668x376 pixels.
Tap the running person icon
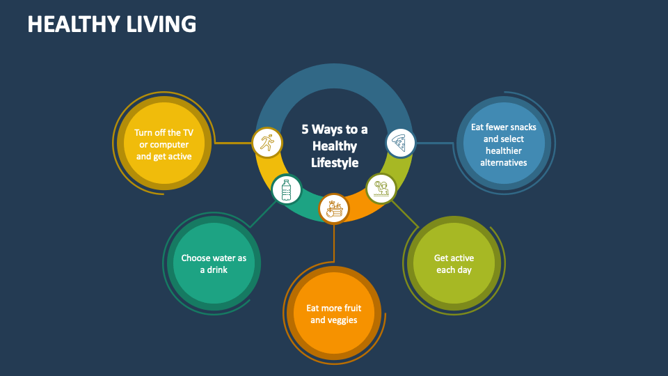click(x=267, y=143)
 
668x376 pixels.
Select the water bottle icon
click(x=286, y=189)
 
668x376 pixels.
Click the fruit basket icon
click(x=334, y=207)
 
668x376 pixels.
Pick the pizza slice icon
click(x=400, y=143)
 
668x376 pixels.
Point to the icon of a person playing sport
click(x=381, y=188)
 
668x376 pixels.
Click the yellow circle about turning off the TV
click(x=164, y=144)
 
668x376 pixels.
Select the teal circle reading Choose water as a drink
click(x=214, y=263)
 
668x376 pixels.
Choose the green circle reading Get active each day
click(x=454, y=264)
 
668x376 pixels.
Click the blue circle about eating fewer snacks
click(x=503, y=144)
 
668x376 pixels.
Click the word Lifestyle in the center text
click(x=334, y=163)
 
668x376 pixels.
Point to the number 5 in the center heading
click(x=305, y=130)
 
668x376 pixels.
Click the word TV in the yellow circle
click(x=188, y=132)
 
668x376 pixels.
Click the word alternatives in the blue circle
click(x=503, y=163)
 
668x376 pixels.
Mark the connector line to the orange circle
click(x=334, y=244)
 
